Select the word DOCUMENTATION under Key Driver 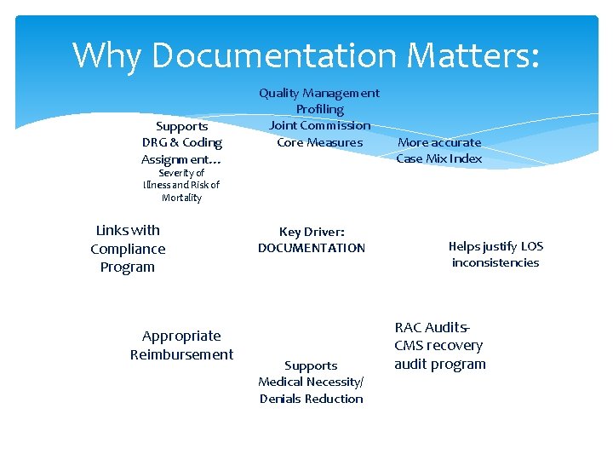click(x=311, y=248)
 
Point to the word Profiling click(x=319, y=109)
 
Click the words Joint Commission click(x=319, y=125)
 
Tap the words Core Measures click(x=319, y=142)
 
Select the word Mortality click(x=181, y=198)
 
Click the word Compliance click(x=128, y=249)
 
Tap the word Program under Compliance click(x=128, y=267)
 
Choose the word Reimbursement click(x=181, y=354)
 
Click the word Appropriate click(x=181, y=336)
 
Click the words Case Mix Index click(x=438, y=158)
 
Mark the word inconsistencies click(x=496, y=262)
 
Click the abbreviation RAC click(x=408, y=327)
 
